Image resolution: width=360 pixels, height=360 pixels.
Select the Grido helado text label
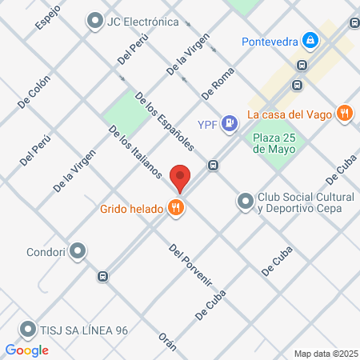131,210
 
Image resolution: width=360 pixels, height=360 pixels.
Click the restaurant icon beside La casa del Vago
344,114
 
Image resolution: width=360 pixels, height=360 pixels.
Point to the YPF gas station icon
230,123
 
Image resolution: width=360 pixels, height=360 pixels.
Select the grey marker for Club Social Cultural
245,202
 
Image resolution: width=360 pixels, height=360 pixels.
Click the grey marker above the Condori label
78,252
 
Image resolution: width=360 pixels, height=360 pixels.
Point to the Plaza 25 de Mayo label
274,142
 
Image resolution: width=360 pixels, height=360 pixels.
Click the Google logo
27,350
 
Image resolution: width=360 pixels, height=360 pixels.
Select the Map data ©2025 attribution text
324,353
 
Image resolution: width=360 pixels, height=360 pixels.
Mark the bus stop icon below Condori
102,276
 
